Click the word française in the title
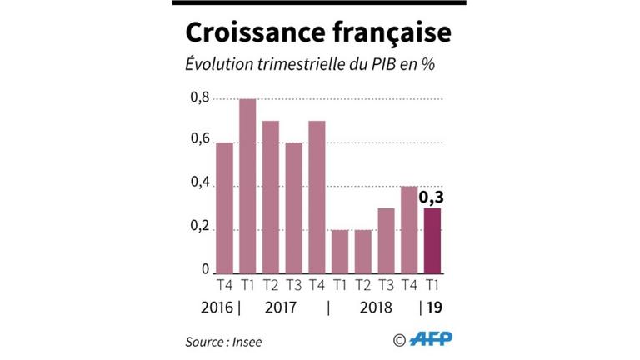[388, 34]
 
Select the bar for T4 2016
[224, 207]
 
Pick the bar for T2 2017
[271, 197]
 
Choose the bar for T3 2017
[293, 207]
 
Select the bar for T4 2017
[317, 197]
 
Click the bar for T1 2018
[340, 251]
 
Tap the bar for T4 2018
[409, 229]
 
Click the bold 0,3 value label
[433, 199]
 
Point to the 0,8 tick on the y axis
[199, 99]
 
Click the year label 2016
[217, 307]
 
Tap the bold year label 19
[435, 307]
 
